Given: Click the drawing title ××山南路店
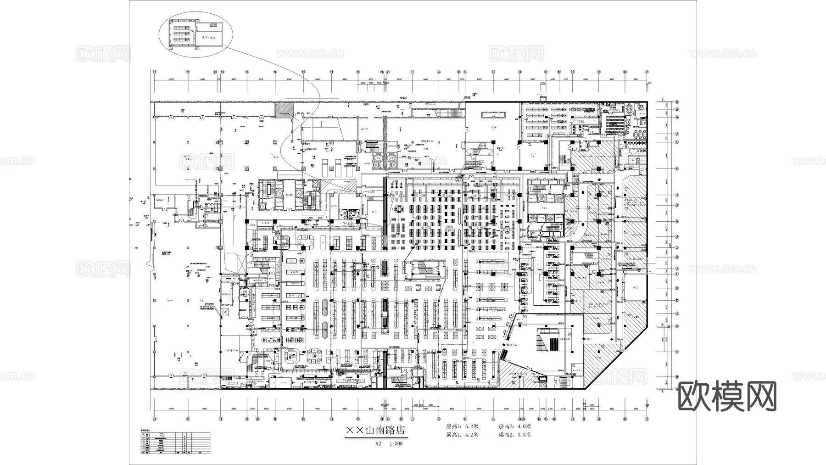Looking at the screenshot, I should point(376,432).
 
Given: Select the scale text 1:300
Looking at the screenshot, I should point(396,444).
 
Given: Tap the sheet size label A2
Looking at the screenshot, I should point(378,444).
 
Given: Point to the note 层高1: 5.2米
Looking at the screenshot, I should point(462,426).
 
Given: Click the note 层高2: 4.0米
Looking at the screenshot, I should point(514,426).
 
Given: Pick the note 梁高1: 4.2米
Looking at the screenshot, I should point(462,434).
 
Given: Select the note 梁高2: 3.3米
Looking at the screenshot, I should point(514,434).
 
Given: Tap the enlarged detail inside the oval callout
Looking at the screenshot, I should point(195,34).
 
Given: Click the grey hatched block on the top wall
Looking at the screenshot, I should point(284,110).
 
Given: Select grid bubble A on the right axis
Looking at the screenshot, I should point(676,388).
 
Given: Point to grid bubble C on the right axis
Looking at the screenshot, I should point(676,352).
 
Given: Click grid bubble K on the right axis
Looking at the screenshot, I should point(676,168).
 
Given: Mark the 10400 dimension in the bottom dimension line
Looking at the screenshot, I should point(204,409).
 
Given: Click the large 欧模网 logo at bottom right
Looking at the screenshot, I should point(727,397).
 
